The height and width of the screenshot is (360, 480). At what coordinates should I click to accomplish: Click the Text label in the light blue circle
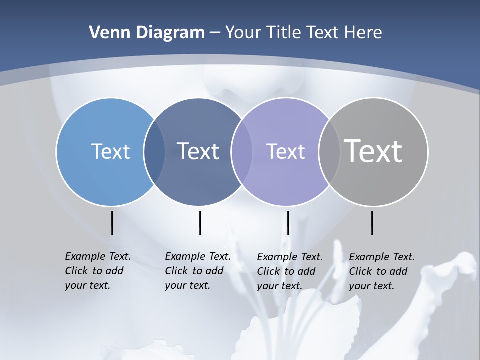(110, 151)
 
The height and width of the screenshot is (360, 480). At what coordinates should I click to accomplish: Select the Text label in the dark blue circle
(198, 151)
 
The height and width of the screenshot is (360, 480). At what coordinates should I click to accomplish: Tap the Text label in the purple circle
(285, 151)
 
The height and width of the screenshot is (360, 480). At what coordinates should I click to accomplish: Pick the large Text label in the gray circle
(373, 151)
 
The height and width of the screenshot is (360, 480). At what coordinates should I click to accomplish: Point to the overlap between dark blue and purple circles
(241, 151)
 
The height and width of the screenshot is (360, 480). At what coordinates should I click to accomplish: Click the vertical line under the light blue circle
(112, 223)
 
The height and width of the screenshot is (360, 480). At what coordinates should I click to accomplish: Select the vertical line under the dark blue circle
(200, 223)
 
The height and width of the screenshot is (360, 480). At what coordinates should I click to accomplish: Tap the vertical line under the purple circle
(288, 223)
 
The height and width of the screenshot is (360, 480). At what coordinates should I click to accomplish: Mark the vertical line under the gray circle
(372, 223)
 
